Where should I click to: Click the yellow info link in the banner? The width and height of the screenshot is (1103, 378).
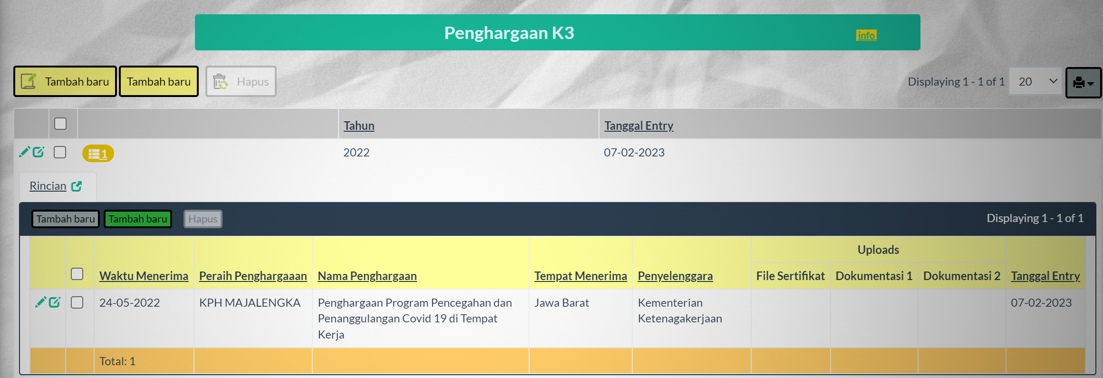866,35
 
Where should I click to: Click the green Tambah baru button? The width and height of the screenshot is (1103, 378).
138,219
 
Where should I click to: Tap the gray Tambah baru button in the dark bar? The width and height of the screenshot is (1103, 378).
66,219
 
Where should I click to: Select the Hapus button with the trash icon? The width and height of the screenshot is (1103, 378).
241,81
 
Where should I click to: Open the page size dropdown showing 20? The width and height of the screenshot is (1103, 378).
1035,82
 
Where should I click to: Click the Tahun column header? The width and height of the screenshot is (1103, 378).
359,126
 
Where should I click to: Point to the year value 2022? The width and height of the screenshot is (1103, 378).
357,153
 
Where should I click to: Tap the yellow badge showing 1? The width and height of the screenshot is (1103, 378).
98,154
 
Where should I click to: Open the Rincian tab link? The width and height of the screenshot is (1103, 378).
48,186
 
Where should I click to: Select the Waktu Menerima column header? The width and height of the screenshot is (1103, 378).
144,276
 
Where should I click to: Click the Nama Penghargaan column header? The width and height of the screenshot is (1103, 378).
368,276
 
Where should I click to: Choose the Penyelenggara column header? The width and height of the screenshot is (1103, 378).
675,276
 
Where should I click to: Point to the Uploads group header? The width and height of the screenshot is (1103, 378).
878,250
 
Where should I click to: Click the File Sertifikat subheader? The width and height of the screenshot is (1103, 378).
791,276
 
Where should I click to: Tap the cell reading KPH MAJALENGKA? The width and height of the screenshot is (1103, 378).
250,303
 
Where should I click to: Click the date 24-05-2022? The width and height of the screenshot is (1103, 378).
130,303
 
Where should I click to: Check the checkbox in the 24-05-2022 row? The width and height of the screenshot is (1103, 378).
77,302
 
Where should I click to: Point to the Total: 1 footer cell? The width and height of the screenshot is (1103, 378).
117,361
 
